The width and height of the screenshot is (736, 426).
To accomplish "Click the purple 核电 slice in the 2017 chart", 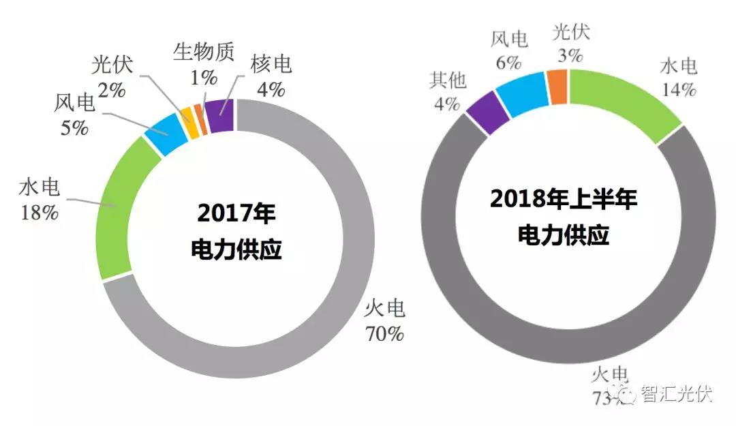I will coord(220,115).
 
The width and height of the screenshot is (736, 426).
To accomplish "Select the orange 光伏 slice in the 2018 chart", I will coord(558,87).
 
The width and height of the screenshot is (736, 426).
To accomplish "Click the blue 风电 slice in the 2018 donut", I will coord(523,95).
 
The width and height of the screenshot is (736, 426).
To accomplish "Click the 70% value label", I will coord(384,335).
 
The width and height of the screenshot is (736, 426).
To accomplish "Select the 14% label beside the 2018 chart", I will coord(677,89).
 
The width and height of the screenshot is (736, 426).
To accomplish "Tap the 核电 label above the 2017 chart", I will coord(271,65).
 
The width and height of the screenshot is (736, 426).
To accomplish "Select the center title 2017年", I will coord(236,213).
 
